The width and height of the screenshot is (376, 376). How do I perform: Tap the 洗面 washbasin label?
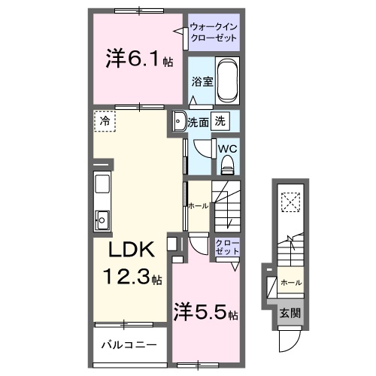click(x=198, y=120)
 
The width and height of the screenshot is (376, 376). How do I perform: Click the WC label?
click(x=227, y=149)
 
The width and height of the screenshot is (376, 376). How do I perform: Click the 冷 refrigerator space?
click(x=105, y=121)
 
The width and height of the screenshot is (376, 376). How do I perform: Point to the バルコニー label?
click(x=129, y=347)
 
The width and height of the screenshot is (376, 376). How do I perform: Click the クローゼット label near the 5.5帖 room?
click(x=227, y=247)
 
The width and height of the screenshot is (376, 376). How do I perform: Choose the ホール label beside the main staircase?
click(x=198, y=205)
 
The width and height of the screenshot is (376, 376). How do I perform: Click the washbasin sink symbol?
click(x=177, y=121)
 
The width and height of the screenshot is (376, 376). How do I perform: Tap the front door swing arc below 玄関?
click(x=289, y=340)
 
